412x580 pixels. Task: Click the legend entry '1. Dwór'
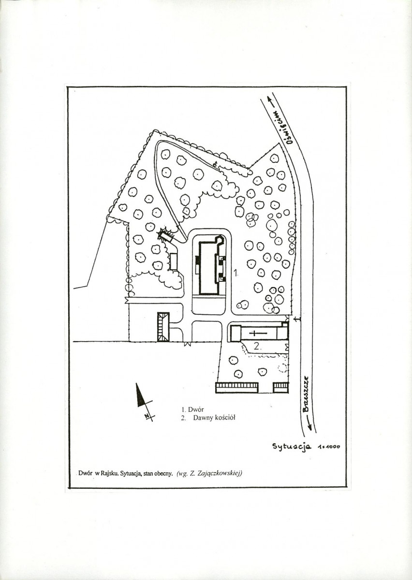pyautogui.click(x=192, y=409)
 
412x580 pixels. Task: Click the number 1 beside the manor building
pyautogui.click(x=235, y=273)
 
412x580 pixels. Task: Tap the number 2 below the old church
pyautogui.click(x=257, y=347)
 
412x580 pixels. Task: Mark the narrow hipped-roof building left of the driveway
pyautogui.click(x=163, y=327)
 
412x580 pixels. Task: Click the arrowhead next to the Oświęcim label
pyautogui.click(x=270, y=100)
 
